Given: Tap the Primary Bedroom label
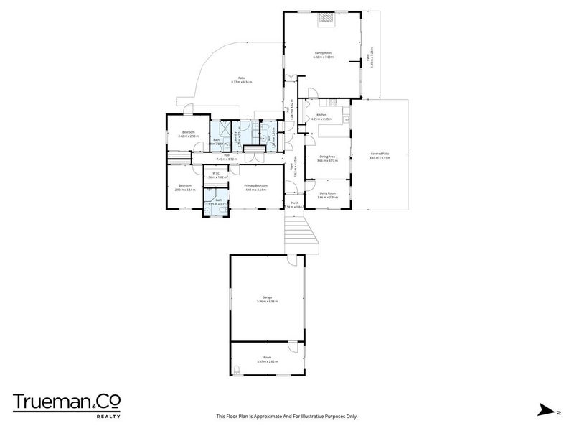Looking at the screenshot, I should [256, 186].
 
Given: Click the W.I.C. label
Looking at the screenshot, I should [217, 172].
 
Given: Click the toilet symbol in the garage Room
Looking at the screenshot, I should [237, 370].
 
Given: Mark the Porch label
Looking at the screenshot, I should [294, 203].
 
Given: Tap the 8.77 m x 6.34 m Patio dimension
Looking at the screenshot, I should [241, 83].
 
